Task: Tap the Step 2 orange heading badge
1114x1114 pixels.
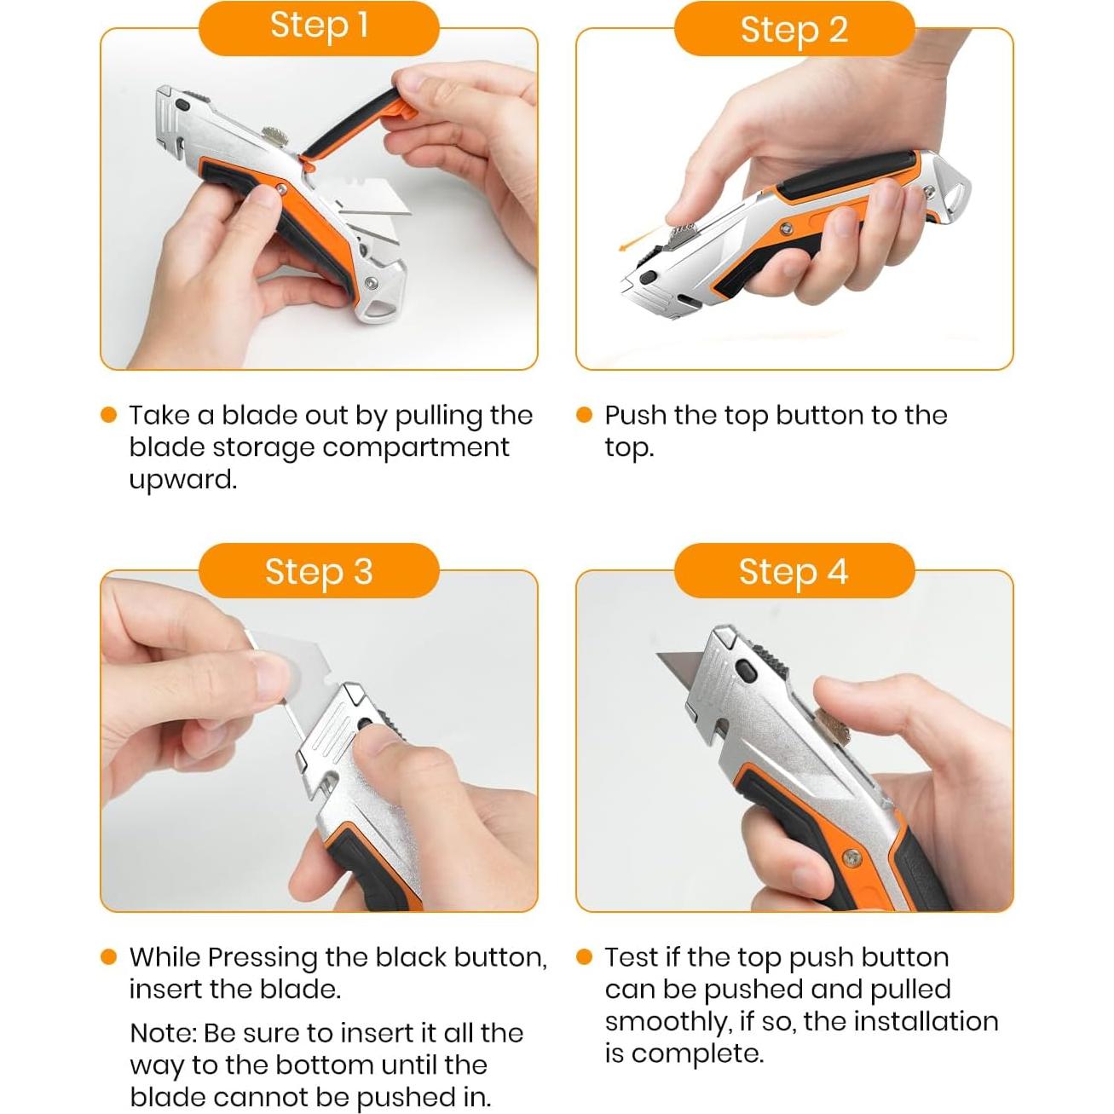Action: pos(794,29)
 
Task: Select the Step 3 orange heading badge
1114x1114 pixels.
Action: pos(319,571)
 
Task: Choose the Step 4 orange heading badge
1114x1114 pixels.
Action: pos(794,571)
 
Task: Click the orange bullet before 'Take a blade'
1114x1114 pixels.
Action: pos(108,415)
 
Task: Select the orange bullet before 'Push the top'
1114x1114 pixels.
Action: pos(584,415)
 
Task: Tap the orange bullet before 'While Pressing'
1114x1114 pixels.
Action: pos(108,957)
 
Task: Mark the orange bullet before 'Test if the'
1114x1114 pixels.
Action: pos(584,957)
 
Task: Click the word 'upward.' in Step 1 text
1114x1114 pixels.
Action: pos(182,480)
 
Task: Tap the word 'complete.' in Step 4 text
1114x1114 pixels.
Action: pos(697,1053)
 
